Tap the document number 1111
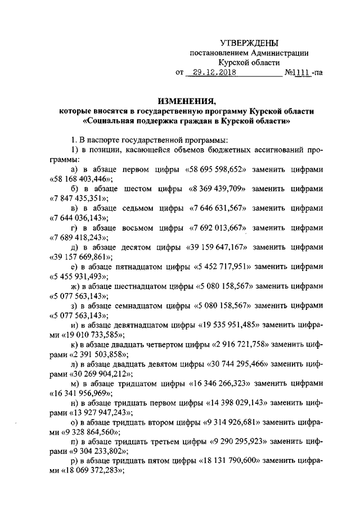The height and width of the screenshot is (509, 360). coord(303,73)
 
